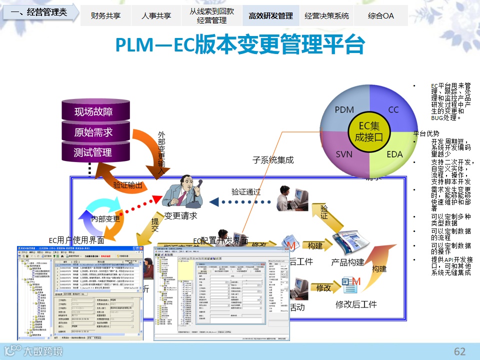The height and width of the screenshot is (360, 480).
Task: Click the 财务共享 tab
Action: (105, 15)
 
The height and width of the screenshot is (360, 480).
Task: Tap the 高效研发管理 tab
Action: (270, 15)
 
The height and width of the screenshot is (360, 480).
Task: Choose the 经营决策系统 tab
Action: (326, 15)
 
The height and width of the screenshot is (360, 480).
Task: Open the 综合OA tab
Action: (380, 15)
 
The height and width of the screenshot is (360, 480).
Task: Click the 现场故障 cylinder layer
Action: (93, 111)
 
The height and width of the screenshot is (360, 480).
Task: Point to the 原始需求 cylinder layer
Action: (93, 132)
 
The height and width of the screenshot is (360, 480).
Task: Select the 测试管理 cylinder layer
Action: (93, 152)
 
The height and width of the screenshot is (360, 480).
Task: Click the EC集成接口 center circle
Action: (370, 131)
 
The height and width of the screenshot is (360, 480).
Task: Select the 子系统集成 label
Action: (272, 160)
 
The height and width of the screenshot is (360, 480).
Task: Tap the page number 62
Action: (459, 351)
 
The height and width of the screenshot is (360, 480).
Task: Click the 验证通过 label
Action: (246, 191)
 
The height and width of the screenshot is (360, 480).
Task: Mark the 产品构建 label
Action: (348, 262)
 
